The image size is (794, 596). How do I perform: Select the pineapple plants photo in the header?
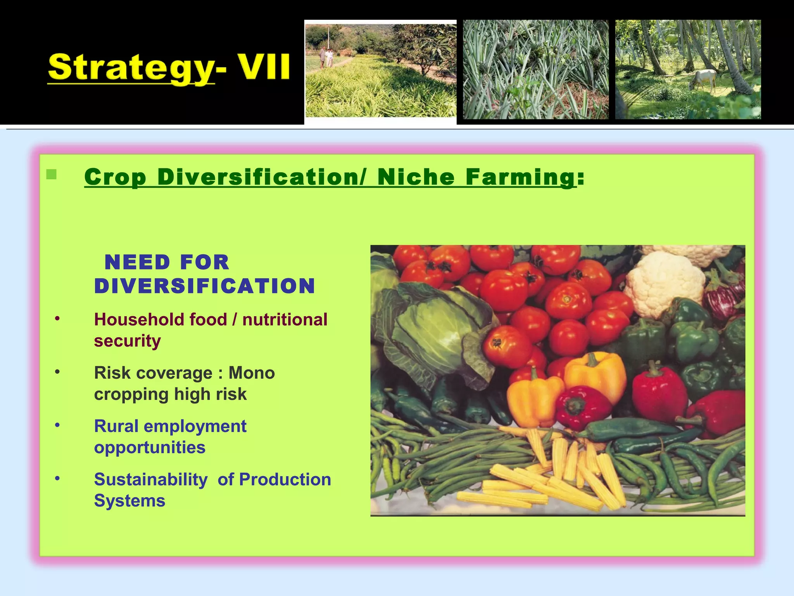(x=535, y=69)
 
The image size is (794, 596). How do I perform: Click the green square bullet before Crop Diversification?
(x=51, y=175)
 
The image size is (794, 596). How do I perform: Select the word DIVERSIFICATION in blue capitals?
(x=205, y=286)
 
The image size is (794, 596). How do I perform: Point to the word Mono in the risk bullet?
(x=252, y=373)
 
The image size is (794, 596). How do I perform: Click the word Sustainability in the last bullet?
(x=150, y=479)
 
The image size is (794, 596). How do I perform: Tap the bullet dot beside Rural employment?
(x=57, y=426)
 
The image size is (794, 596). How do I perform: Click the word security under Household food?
(x=127, y=341)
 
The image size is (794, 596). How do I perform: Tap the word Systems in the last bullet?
(x=129, y=501)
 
